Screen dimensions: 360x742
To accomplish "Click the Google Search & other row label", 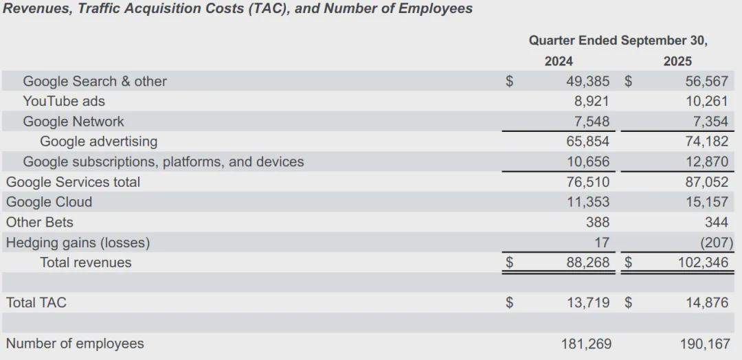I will pos(95,81).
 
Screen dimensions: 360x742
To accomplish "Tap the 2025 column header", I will pos(677,61).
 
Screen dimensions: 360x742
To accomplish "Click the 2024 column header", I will pos(559,61).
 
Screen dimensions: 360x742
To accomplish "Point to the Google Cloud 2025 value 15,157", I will pos(706,202).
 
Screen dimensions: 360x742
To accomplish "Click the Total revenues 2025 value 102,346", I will pos(703,262).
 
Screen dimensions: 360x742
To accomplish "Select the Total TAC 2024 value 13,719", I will pos(587,302).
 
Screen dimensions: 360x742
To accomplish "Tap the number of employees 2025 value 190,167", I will pos(703,344).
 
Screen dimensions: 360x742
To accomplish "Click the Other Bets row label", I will pos(39,223).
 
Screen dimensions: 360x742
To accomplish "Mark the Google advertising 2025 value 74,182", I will pos(706,142).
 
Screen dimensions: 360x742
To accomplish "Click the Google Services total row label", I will pos(73,182).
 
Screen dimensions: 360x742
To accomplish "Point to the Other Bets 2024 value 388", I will pos(597,223).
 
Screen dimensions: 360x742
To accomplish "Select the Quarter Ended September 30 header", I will pos(618,41).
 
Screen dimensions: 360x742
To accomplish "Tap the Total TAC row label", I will pos(36,302).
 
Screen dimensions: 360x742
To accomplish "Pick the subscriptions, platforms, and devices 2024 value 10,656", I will pos(587,162).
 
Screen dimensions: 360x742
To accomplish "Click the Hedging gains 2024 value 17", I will pos(601,243).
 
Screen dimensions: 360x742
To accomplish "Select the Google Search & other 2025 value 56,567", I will pos(706,81).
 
